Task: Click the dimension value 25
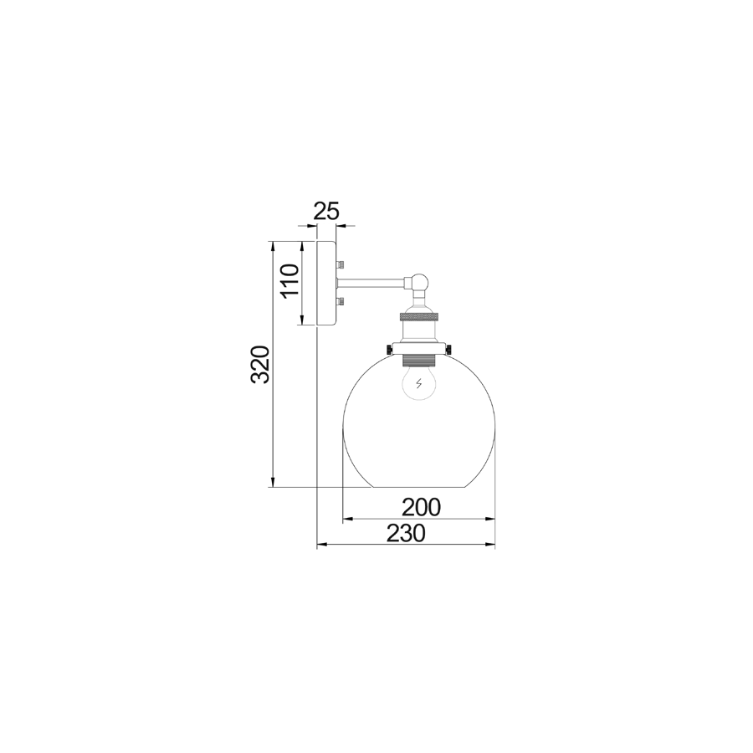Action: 326,212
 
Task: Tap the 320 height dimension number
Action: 261,364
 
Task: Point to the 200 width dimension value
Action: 420,507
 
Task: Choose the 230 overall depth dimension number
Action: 406,533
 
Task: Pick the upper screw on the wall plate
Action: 338,265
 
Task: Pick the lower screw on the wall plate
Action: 338,301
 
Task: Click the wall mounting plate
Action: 325,284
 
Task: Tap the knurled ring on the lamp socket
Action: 419,318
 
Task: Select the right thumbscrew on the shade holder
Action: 451,348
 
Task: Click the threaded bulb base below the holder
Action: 419,361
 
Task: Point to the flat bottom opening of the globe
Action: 419,487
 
